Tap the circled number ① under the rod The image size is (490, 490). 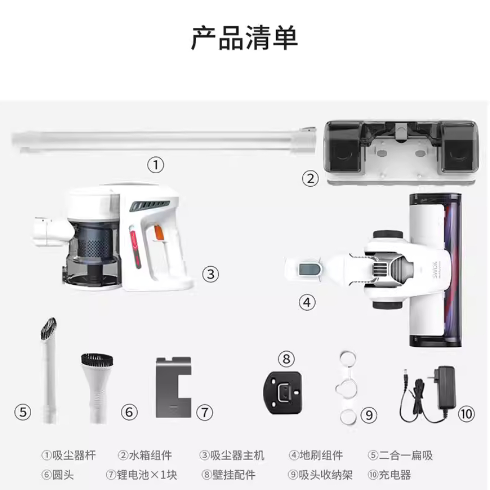point(156,165)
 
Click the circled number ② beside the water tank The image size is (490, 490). point(310,178)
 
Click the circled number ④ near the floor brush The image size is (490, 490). point(308,302)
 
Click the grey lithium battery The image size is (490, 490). point(173,387)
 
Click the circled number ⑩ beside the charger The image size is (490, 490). point(465,414)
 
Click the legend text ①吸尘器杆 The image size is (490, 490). point(69,455)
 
